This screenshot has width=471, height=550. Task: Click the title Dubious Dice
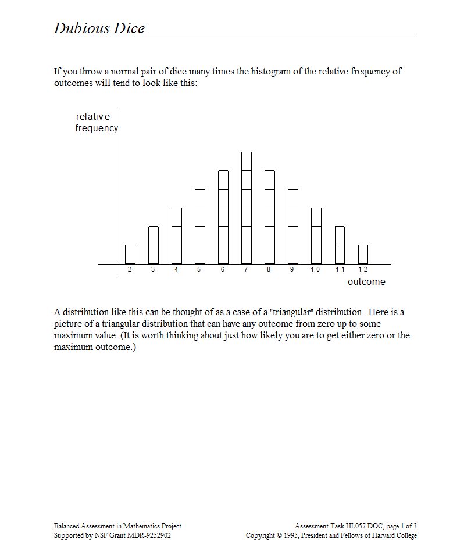point(99,28)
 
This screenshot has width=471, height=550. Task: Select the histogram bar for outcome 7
point(247,208)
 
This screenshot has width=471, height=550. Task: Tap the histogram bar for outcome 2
point(130,254)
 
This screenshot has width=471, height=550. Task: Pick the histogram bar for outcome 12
point(363,254)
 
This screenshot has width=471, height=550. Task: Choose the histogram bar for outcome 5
point(200,226)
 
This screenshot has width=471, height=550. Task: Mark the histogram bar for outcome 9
point(293,226)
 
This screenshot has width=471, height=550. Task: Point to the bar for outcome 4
point(177,235)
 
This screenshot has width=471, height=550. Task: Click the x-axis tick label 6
point(223,270)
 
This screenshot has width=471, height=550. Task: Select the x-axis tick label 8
point(269,270)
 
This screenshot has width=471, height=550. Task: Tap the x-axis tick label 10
point(315,270)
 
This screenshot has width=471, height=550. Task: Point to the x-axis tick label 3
point(153,270)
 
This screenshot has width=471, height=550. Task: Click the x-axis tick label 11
point(340,270)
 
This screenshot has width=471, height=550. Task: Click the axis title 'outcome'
point(366,282)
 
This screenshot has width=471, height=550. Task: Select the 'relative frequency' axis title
point(95,123)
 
